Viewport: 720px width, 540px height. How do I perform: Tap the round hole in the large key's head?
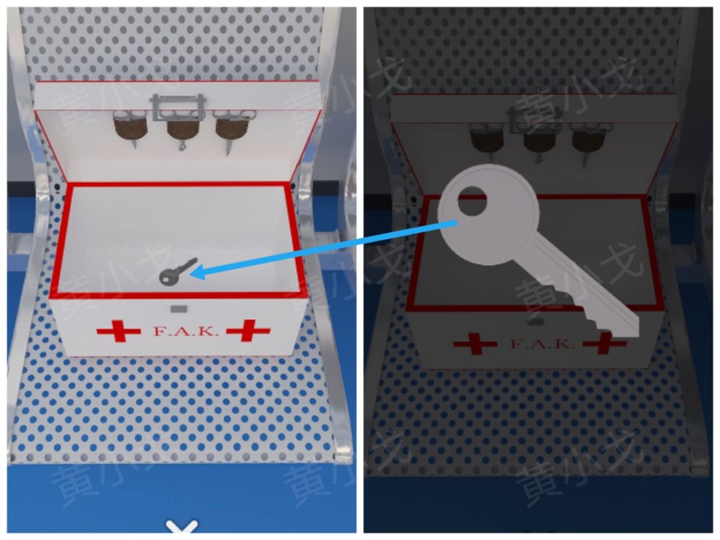[473, 201]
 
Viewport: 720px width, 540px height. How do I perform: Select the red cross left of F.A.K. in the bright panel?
[119, 331]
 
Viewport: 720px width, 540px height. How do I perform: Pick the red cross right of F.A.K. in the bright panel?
[249, 331]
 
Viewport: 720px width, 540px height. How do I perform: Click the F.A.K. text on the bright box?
[185, 331]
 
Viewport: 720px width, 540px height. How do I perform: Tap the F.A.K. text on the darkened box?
[542, 343]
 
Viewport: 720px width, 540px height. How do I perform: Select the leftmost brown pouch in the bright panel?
[130, 126]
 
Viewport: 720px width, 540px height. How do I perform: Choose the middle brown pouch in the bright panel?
[183, 128]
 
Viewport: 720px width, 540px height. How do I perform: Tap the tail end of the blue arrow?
[456, 223]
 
